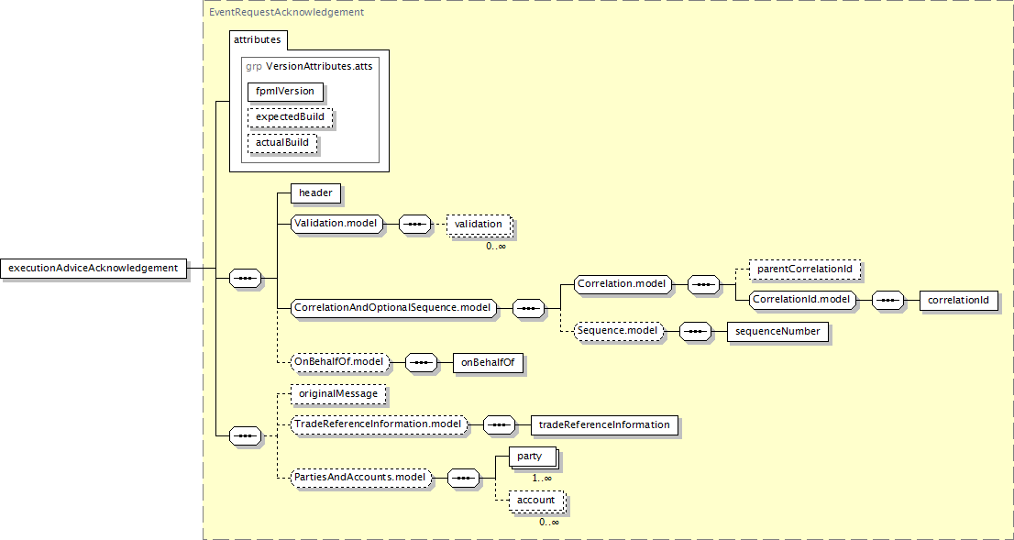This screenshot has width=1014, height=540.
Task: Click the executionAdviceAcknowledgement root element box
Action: coord(94,268)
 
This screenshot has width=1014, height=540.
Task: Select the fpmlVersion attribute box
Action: coord(285,91)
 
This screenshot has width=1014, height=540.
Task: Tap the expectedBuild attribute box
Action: coord(291,117)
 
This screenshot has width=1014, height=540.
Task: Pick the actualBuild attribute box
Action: coord(282,142)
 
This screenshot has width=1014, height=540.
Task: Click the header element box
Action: coord(315,193)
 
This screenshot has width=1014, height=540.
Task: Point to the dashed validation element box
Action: coord(479,225)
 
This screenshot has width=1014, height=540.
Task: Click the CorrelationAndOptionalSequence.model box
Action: coord(393,308)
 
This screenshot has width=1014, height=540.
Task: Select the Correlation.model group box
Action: coord(623,284)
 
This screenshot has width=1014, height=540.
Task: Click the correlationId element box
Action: coord(958,301)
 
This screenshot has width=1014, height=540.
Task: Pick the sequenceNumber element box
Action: coord(778,332)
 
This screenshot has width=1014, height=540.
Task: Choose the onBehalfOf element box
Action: coord(488,363)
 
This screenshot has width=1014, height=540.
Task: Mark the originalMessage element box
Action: coord(338,394)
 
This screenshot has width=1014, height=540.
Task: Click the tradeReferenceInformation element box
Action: coord(604,424)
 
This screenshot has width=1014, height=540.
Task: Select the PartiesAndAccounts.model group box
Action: coord(361,478)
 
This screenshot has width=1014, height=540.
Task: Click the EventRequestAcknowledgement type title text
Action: coord(286,12)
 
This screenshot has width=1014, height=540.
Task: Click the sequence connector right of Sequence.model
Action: coord(696,332)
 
